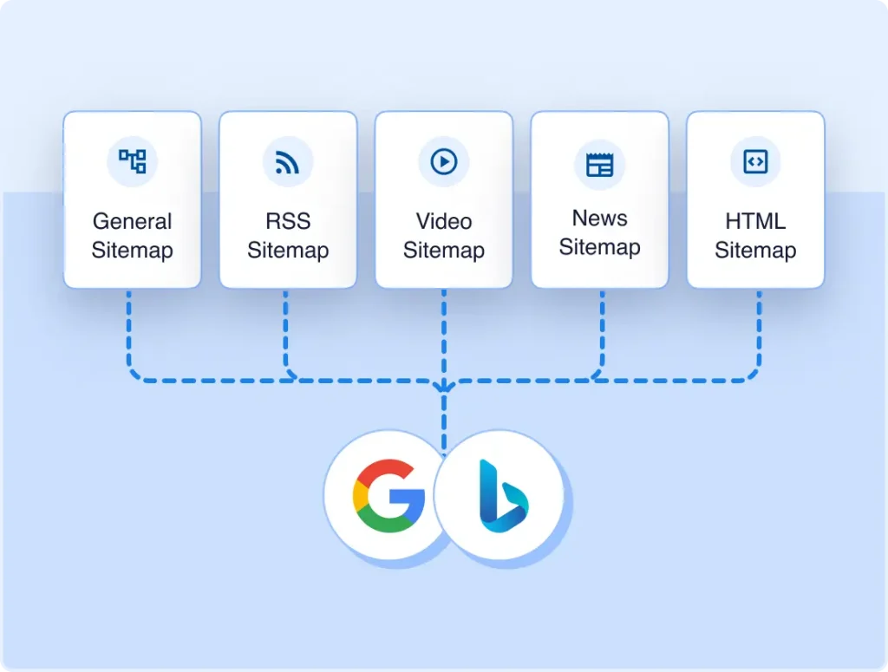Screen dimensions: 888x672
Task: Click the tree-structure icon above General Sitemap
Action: (132, 161)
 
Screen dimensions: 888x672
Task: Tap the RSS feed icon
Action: (287, 162)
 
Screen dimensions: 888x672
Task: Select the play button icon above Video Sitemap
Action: (443, 161)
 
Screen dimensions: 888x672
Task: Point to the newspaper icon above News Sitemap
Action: (600, 165)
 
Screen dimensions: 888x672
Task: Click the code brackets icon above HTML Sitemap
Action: (755, 162)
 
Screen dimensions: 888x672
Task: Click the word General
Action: (132, 221)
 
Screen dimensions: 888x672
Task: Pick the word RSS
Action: (288, 221)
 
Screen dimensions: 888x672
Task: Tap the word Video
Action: (444, 221)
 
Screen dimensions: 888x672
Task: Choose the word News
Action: (600, 218)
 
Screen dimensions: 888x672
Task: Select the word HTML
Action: (755, 221)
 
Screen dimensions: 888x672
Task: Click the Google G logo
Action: (388, 496)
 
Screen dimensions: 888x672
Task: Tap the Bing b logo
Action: (504, 496)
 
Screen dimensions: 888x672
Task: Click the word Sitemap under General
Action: (132, 251)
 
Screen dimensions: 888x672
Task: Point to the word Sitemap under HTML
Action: (755, 251)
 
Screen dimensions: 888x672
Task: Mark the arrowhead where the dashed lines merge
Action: (444, 387)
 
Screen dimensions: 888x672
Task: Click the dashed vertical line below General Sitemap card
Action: (129, 331)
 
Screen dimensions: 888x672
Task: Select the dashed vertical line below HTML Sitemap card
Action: (759, 331)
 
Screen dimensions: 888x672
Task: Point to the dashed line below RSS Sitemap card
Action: (285, 331)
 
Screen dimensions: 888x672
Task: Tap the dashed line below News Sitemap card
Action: (602, 331)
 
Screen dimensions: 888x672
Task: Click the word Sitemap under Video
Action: (444, 251)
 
